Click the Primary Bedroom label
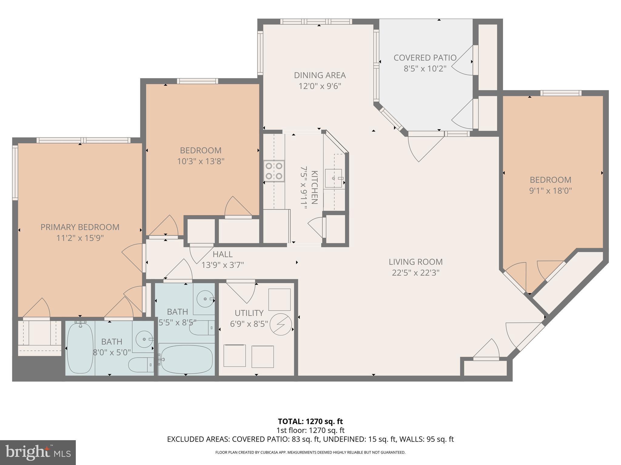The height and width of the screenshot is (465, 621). (x=80, y=227)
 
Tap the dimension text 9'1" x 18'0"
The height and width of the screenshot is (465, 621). (x=550, y=191)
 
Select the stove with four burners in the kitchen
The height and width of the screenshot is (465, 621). (x=274, y=171)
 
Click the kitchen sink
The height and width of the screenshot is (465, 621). (x=334, y=178)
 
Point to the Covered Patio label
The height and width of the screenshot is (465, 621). (x=425, y=58)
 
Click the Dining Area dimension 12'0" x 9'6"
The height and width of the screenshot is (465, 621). (x=320, y=86)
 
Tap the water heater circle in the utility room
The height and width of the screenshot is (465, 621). (x=281, y=324)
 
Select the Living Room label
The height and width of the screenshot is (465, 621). (x=415, y=262)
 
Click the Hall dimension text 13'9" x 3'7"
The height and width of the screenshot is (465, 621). (x=223, y=265)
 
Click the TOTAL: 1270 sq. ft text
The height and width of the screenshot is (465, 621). (x=310, y=421)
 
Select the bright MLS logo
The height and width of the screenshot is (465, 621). (x=38, y=452)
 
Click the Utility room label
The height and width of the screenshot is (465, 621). (x=249, y=313)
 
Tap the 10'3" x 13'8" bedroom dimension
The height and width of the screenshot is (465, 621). (x=200, y=161)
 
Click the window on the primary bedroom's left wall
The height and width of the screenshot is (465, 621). (x=15, y=172)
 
